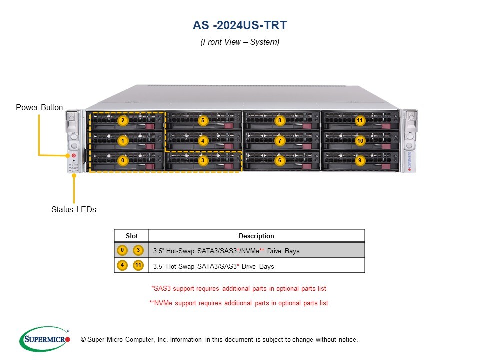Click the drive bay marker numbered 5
[x=202, y=120]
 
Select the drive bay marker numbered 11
[x=360, y=120]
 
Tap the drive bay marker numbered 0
[x=123, y=161]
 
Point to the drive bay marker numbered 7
[x=280, y=141]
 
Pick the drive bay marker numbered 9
[x=360, y=161]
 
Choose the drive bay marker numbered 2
[x=123, y=120]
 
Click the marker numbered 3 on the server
[x=202, y=161]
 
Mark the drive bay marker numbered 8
[x=280, y=120]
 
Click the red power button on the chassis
[x=73, y=156]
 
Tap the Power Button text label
[x=39, y=108]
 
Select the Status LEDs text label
[x=74, y=210]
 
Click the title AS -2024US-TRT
[x=240, y=25]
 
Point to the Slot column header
[x=131, y=236]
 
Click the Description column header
[x=256, y=236]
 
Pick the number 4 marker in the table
[x=122, y=265]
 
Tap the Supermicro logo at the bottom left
[x=44, y=339]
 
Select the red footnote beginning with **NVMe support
[x=239, y=303]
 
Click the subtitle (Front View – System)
[x=240, y=42]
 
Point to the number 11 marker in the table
[x=138, y=265]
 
